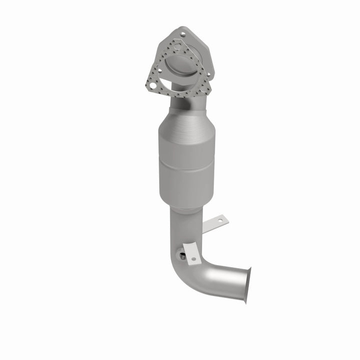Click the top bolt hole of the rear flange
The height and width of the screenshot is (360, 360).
(182, 34)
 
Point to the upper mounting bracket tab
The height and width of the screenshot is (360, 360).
(218, 221)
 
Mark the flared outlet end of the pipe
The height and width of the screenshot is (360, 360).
(246, 284)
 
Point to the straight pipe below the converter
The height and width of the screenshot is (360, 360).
(186, 227)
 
